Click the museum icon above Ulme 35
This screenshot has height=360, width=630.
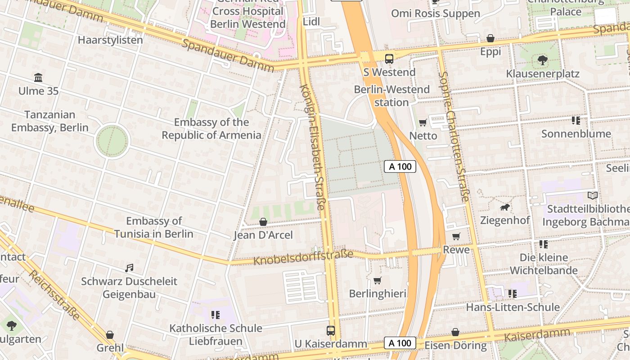pos(38,78)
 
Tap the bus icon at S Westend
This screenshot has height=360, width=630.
pos(389,58)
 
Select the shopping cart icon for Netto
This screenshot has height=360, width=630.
pos(423,122)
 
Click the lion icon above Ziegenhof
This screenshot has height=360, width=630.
pos(505,207)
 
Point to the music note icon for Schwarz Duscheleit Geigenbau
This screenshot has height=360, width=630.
pos(129,268)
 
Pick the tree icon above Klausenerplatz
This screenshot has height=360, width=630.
pos(542,60)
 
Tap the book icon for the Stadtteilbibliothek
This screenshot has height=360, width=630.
pos(593,196)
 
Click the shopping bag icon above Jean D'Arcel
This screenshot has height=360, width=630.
pos(263,222)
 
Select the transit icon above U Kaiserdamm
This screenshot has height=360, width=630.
pos(331,331)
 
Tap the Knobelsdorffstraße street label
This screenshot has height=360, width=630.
pos(303,258)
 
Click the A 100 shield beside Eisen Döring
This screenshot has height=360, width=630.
pos(400,343)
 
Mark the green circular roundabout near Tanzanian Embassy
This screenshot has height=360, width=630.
pos(112,141)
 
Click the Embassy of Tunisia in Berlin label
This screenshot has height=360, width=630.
pos(153,227)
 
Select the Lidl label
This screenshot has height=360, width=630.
pos(311,22)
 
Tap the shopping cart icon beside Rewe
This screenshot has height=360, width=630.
pos(456,236)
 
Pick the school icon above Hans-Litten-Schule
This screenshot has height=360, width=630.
pos(512,294)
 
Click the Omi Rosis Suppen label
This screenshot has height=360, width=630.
pos(435,13)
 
